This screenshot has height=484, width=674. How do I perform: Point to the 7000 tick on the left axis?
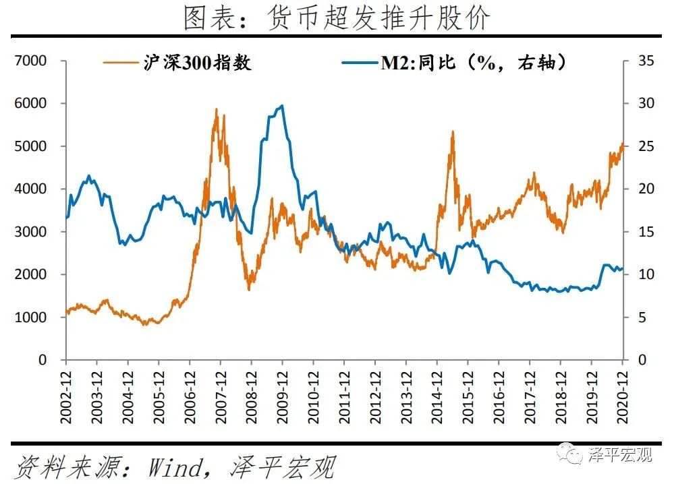coord(32,61)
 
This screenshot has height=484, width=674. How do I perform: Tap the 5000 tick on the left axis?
coord(32,146)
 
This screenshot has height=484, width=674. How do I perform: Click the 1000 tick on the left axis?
coord(32,317)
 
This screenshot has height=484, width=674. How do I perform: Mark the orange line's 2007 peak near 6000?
coord(217,109)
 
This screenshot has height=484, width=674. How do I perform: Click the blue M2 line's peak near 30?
coord(281,105)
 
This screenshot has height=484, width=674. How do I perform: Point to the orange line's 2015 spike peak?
coord(453,131)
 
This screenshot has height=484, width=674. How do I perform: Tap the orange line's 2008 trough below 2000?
coord(249,289)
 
